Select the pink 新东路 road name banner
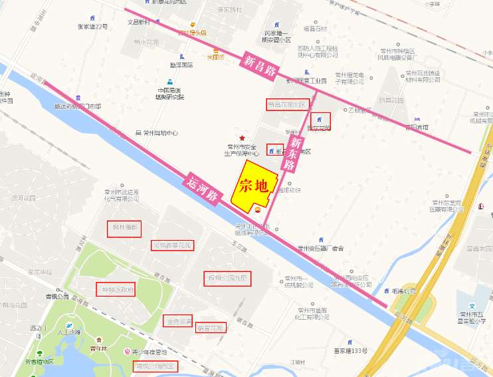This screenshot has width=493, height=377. (292, 155)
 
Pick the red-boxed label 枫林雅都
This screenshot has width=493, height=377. (124, 229)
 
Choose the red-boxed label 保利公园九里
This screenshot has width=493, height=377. (227, 277)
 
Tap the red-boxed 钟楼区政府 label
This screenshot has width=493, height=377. (116, 291)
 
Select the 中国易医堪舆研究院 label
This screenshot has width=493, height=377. (171, 93)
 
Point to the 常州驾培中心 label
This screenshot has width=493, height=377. (157, 132)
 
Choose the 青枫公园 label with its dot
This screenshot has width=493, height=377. (60, 298)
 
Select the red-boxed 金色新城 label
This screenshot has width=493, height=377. (177, 321)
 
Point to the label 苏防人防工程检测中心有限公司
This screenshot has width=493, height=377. (317, 51)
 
